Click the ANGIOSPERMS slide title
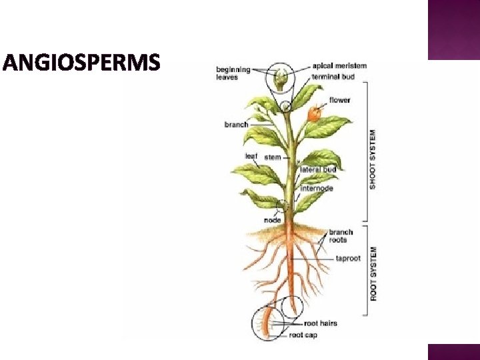point(81,63)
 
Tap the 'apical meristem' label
point(339,66)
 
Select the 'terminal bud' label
point(334,76)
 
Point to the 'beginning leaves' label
point(233,73)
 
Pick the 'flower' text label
point(339,101)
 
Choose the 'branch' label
point(236,125)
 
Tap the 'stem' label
point(272,157)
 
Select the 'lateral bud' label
point(317,169)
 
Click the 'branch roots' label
point(341,236)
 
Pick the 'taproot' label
point(347,258)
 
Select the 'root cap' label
point(303,335)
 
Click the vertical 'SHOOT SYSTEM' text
point(373,159)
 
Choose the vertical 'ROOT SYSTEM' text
point(373,273)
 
